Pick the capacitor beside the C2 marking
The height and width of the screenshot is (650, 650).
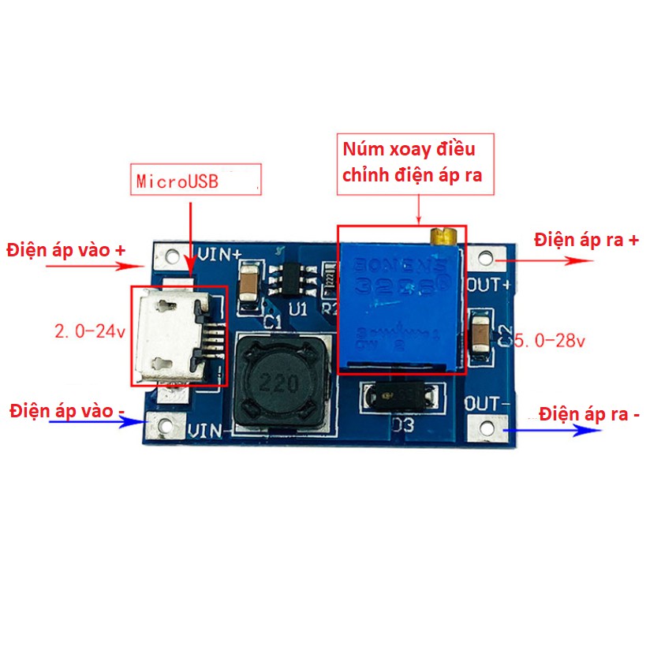(x=479, y=334)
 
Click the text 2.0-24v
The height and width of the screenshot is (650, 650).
(x=90, y=332)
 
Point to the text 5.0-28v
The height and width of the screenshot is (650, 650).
(x=549, y=342)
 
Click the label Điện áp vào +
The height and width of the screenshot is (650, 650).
(x=66, y=250)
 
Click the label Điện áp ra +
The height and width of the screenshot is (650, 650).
(x=585, y=239)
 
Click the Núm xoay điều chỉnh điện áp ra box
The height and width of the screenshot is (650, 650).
(x=417, y=164)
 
